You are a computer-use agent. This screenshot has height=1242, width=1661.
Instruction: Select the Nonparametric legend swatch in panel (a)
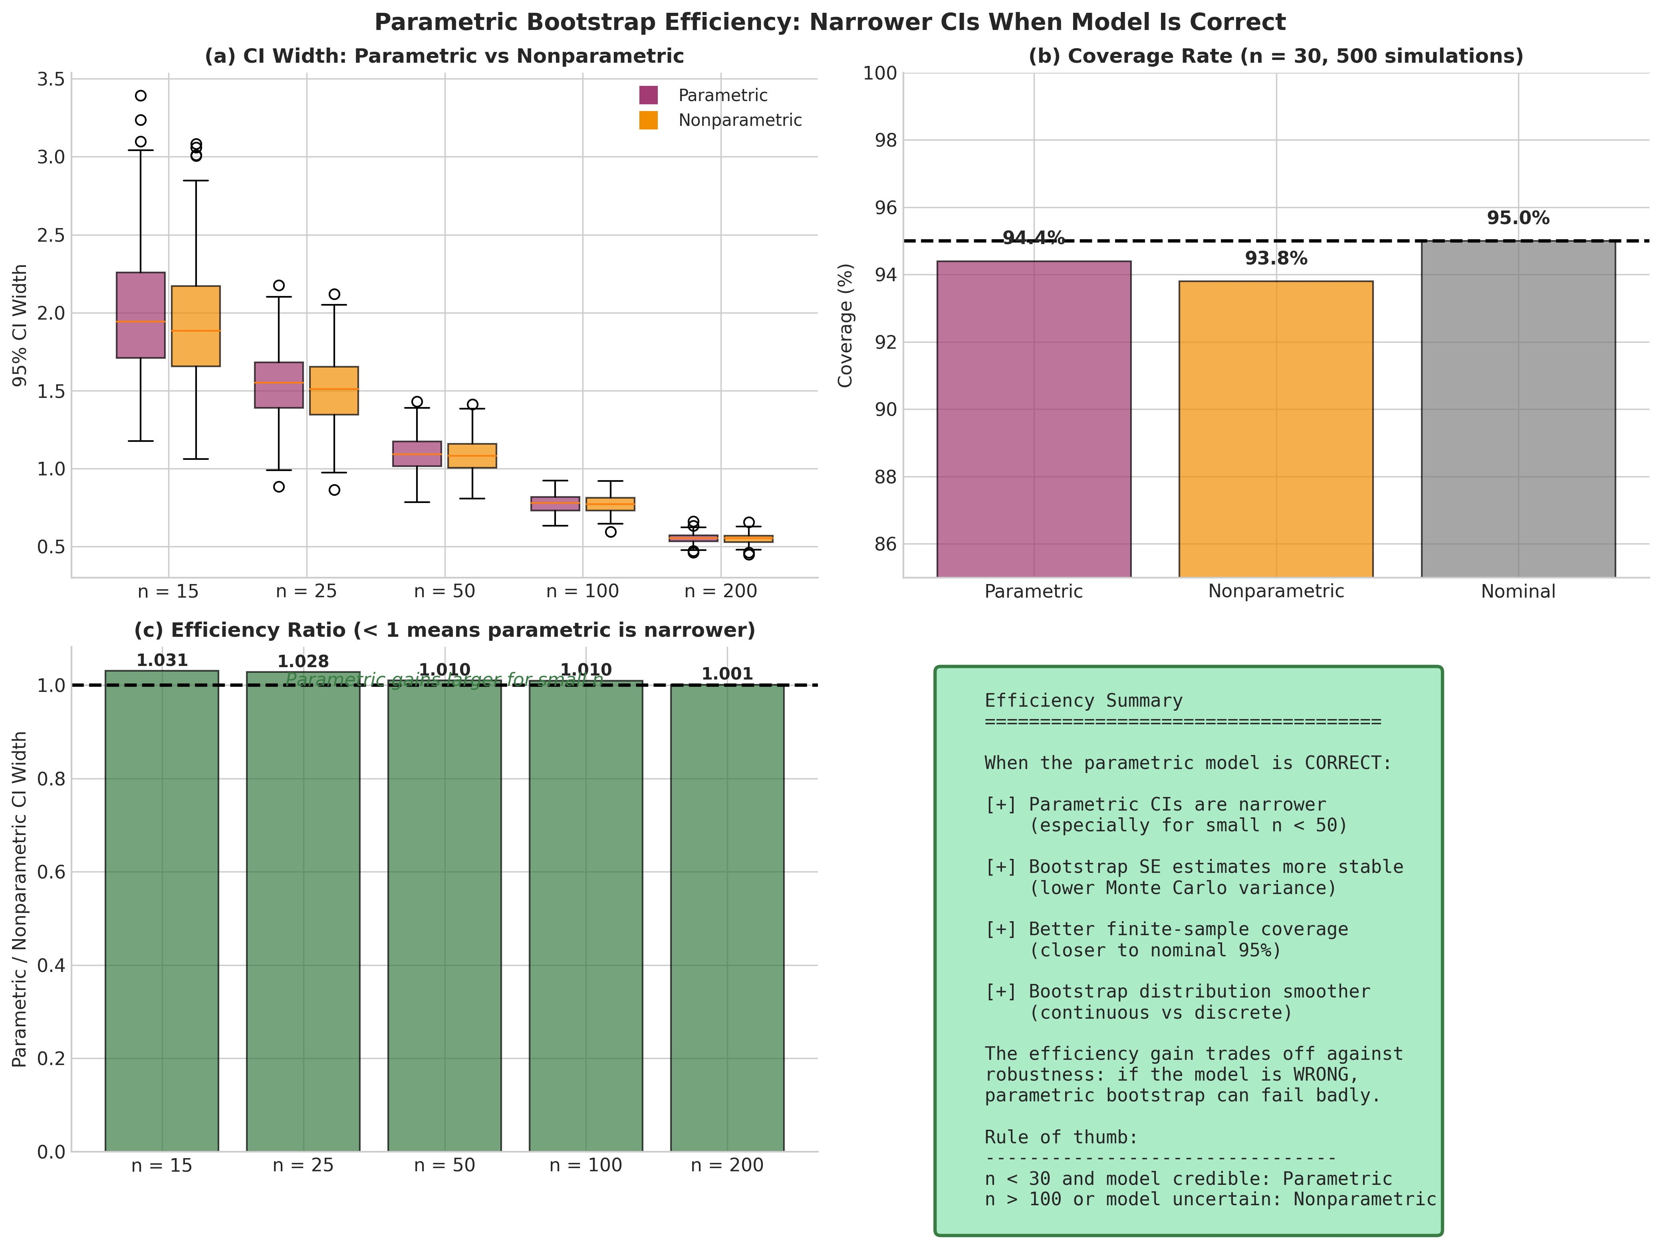point(648,120)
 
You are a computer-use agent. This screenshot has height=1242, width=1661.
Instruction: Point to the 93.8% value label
point(1276,258)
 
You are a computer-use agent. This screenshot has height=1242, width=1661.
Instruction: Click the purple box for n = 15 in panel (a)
point(141,315)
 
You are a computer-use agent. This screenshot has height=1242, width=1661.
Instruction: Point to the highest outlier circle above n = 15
point(141,95)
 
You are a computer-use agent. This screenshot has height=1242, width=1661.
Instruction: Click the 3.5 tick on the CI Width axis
point(51,79)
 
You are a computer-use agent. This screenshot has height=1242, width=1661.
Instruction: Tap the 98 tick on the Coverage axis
point(880,141)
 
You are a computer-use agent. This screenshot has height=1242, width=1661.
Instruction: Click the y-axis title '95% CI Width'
point(20,325)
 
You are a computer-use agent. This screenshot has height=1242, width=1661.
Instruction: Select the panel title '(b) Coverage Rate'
point(1275,56)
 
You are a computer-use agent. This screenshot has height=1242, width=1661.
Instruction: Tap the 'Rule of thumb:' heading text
point(1061,1137)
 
